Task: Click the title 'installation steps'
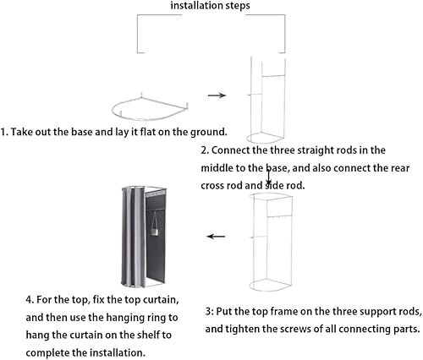[x=210, y=5]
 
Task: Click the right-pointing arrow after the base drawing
[x=217, y=95]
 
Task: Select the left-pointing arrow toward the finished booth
[x=216, y=236]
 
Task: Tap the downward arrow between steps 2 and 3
[x=269, y=177]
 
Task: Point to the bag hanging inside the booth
[x=155, y=226]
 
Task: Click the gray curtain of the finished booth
[x=133, y=237]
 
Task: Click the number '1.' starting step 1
[x=4, y=132]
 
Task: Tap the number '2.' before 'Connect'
[x=205, y=150]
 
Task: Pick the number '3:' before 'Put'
[x=209, y=312]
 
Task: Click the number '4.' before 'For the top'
[x=30, y=299]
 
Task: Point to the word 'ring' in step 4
[x=159, y=318]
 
